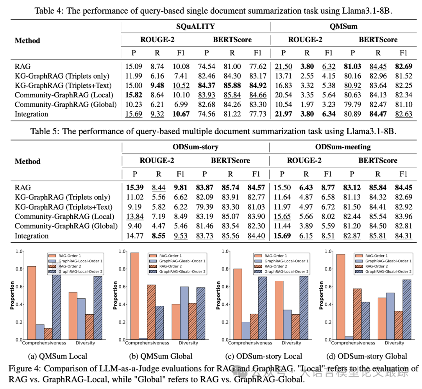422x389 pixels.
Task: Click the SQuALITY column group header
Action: [196, 27]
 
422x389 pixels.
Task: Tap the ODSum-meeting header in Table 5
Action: [343, 147]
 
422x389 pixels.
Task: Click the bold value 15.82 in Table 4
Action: [133, 95]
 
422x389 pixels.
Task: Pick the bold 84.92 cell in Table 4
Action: [257, 85]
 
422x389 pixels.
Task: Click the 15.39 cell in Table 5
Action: [133, 188]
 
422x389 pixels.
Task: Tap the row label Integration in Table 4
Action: [32, 114]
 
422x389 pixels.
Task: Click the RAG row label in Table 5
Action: [23, 188]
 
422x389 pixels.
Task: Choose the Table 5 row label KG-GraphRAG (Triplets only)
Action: [63, 197]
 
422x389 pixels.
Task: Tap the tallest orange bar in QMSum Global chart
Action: [135, 296]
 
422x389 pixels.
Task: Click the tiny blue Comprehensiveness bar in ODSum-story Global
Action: [349, 338]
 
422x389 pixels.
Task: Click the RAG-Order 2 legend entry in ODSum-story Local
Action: [276, 266]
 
